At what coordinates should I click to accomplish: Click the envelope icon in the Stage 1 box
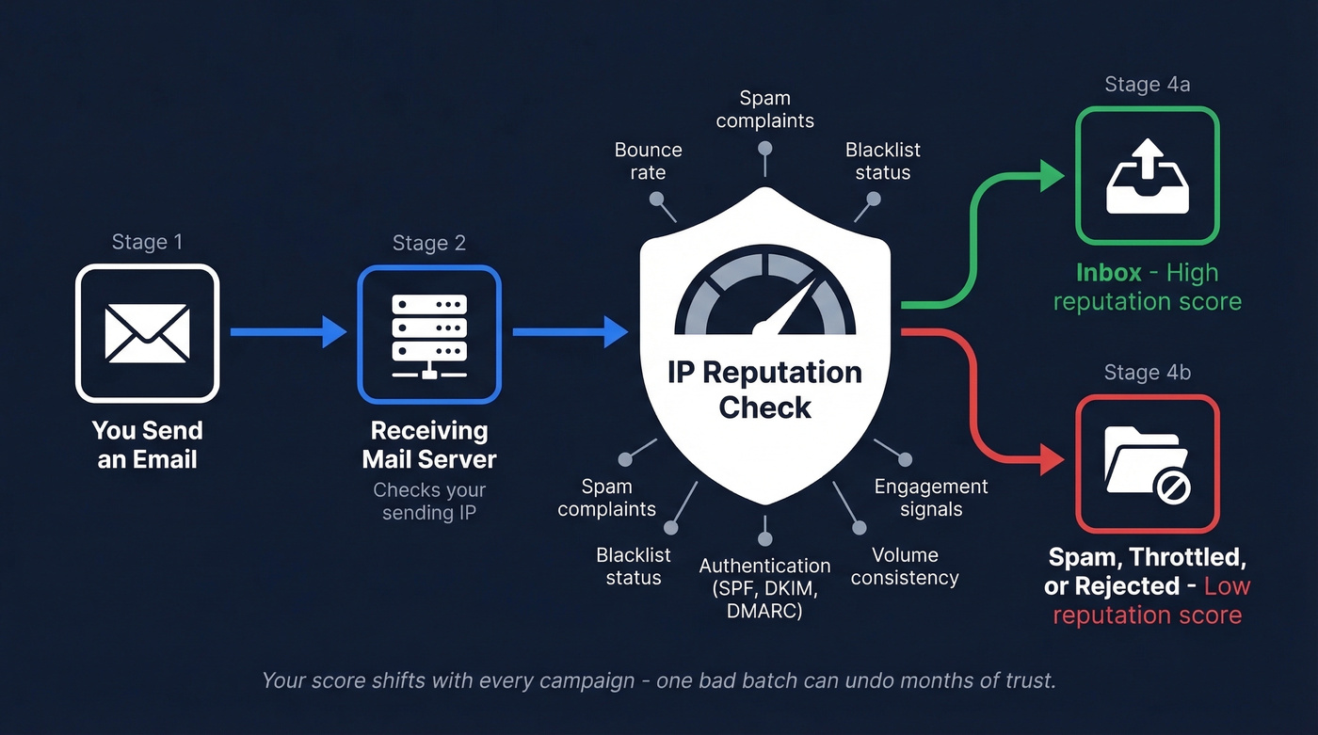[x=147, y=333]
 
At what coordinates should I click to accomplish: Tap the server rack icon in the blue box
[x=429, y=333]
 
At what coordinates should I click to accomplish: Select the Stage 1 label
[x=147, y=242]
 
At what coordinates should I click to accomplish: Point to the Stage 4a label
[x=1147, y=85]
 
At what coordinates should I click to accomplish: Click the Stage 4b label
[x=1147, y=373]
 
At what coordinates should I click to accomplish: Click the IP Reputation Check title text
[x=764, y=390]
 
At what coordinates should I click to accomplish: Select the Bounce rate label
[x=648, y=161]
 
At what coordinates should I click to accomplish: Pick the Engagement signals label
[x=930, y=498]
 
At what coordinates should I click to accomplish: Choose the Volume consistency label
[x=904, y=567]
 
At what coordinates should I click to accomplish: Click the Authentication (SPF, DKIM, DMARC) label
[x=764, y=588]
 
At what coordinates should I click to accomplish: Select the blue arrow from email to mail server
[x=288, y=331]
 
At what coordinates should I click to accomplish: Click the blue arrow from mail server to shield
[x=570, y=331]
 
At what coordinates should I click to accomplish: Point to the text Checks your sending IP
[x=429, y=502]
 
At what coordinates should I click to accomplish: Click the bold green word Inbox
[x=1108, y=273]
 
